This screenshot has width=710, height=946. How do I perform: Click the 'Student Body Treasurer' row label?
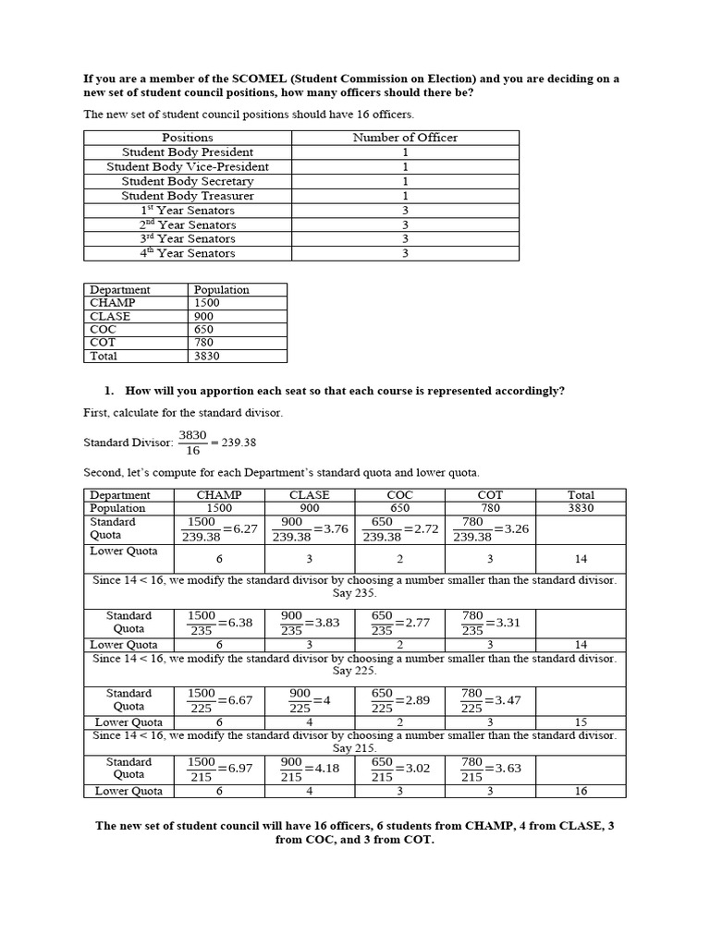point(188,196)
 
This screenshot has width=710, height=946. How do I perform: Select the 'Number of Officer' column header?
point(405,138)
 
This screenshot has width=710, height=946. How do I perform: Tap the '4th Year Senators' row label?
point(188,253)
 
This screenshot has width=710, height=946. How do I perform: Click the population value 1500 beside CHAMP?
point(208,303)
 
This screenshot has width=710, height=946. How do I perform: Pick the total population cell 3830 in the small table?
point(208,356)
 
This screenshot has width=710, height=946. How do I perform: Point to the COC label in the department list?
point(104,329)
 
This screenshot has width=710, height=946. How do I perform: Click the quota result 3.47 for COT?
point(508,700)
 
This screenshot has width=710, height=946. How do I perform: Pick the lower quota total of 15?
point(581,722)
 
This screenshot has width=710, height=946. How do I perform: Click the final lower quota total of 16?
point(581,791)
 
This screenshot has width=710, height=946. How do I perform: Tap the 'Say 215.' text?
point(355,748)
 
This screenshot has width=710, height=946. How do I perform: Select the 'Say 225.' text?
point(355,672)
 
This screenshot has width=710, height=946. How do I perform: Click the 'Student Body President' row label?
point(188,152)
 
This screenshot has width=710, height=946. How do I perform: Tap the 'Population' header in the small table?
point(222,289)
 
